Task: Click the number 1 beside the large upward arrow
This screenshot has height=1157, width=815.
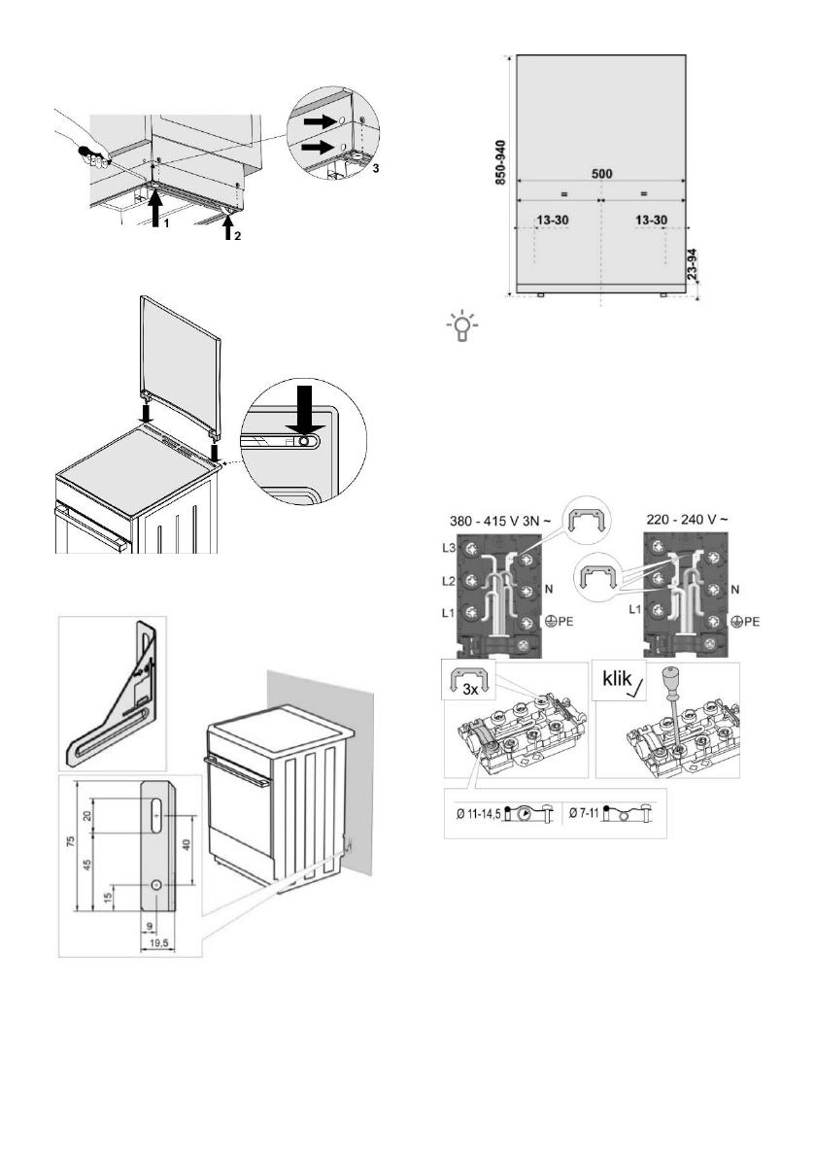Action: tap(167, 223)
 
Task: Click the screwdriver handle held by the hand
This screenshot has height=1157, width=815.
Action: tap(92, 153)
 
